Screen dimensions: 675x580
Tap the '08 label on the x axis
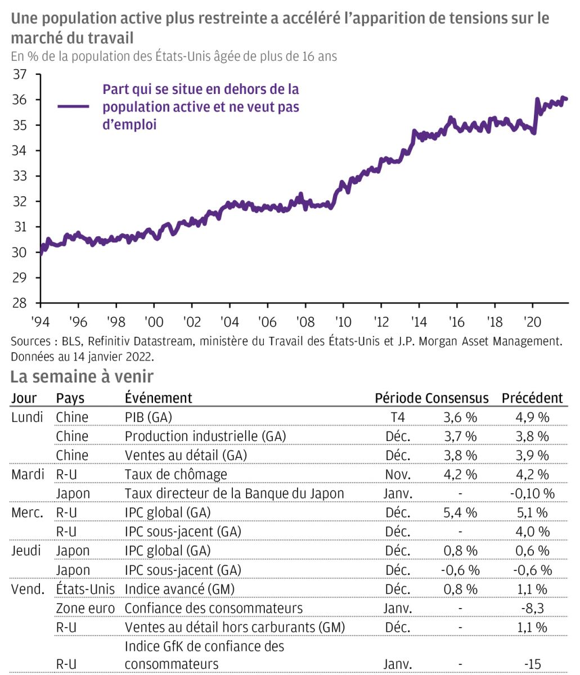305,322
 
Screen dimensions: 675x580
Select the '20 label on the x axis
532,322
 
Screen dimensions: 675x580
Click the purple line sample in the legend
73,107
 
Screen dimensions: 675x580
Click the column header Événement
158,398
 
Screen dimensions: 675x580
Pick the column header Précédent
532,398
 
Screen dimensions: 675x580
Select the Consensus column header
456,398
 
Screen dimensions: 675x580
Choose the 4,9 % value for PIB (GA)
532,417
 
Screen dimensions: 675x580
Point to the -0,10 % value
532,494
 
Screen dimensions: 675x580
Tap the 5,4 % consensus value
460,513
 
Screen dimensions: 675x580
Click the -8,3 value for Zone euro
532,609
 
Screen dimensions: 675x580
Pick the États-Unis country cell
86,589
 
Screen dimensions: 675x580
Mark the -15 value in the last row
532,664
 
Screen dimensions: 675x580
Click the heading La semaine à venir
82,376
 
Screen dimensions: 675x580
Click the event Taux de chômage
176,475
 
